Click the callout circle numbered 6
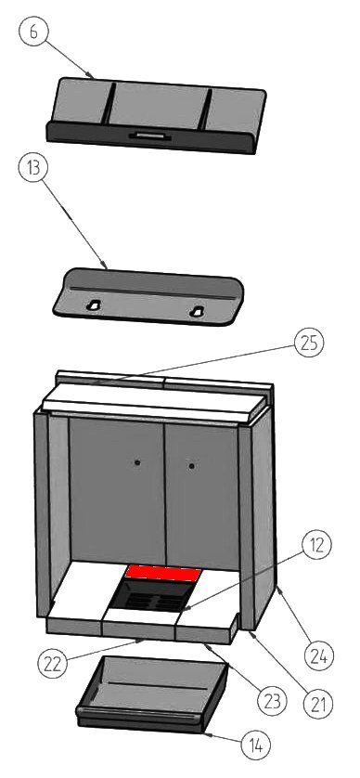tap(32, 32)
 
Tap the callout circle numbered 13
tap(32, 168)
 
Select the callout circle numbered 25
tap(309, 344)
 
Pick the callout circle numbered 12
tap(317, 546)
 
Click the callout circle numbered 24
tap(319, 657)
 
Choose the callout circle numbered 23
tap(273, 702)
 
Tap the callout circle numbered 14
tap(256, 745)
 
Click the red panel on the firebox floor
tap(163, 573)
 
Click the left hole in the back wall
tap(137, 462)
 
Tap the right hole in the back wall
tap(191, 466)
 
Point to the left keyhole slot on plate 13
tap(93, 305)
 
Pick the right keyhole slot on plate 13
tap(197, 312)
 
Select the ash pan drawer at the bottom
tap(152, 694)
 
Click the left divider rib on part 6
tap(109, 103)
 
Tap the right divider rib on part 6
tap(205, 110)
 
